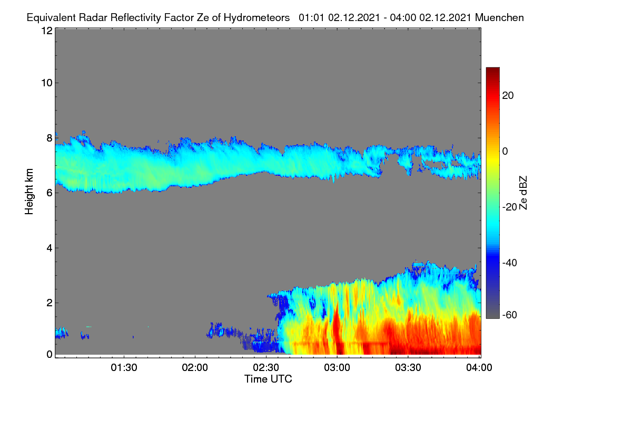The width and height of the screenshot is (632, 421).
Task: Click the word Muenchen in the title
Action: pyautogui.click(x=499, y=17)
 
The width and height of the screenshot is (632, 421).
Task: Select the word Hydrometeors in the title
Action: pyautogui.click(x=256, y=18)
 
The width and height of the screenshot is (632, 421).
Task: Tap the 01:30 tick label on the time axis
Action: pyautogui.click(x=124, y=367)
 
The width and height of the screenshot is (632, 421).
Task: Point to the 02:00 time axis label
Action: pyautogui.click(x=195, y=367)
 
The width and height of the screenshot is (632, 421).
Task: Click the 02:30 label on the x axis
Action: pyautogui.click(x=266, y=367)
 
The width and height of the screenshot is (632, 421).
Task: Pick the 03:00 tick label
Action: pyautogui.click(x=337, y=367)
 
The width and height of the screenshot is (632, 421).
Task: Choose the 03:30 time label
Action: pyautogui.click(x=408, y=367)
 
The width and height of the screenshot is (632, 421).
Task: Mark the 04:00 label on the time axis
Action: pyautogui.click(x=479, y=367)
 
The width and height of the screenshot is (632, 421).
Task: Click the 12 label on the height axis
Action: pyautogui.click(x=47, y=31)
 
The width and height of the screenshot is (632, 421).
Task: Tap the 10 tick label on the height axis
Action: pyautogui.click(x=47, y=83)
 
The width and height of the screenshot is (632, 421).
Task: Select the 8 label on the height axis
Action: pyautogui.click(x=50, y=138)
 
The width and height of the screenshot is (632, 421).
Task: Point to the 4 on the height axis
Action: pyautogui.click(x=50, y=248)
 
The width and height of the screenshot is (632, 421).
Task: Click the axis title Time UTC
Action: pyautogui.click(x=268, y=379)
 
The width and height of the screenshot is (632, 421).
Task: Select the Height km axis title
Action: pyautogui.click(x=29, y=192)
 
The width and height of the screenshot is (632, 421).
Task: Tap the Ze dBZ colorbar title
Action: pyautogui.click(x=523, y=193)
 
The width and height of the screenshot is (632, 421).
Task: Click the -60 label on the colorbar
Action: pyautogui.click(x=510, y=315)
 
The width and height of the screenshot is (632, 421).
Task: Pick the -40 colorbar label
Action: pyautogui.click(x=510, y=263)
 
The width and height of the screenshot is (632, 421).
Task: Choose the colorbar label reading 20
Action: pyautogui.click(x=508, y=96)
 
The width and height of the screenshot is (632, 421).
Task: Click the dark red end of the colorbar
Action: pyautogui.click(x=492, y=69)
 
